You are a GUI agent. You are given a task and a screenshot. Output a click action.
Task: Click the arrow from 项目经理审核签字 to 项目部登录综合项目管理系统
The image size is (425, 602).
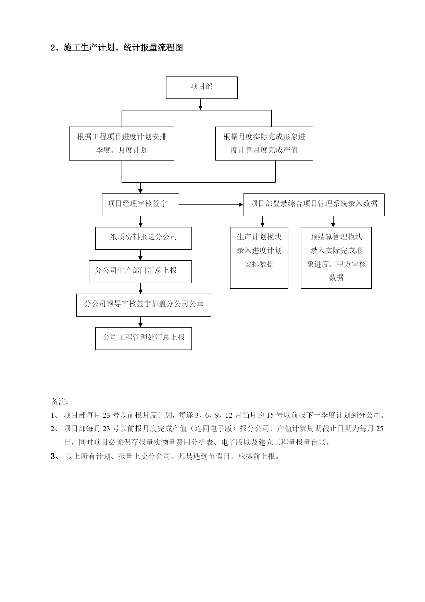pyautogui.click(x=211, y=205)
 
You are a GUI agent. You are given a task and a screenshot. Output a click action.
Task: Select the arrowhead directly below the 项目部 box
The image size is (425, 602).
pyautogui.click(x=201, y=107)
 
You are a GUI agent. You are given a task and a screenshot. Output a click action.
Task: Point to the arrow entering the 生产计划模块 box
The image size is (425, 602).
pyautogui.click(x=263, y=222)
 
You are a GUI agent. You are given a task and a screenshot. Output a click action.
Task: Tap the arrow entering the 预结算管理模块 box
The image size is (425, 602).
pyautogui.click(x=333, y=222)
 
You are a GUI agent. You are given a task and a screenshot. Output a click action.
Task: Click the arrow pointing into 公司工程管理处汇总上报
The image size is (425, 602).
pyautogui.click(x=140, y=322)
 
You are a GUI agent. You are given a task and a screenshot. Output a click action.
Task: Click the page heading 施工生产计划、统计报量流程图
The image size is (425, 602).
pyautogui.click(x=117, y=48)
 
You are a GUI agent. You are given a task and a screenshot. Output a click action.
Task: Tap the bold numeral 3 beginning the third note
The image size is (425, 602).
pyautogui.click(x=53, y=456)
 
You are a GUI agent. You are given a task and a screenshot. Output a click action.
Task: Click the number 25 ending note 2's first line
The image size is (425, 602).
pyautogui.click(x=379, y=429)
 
